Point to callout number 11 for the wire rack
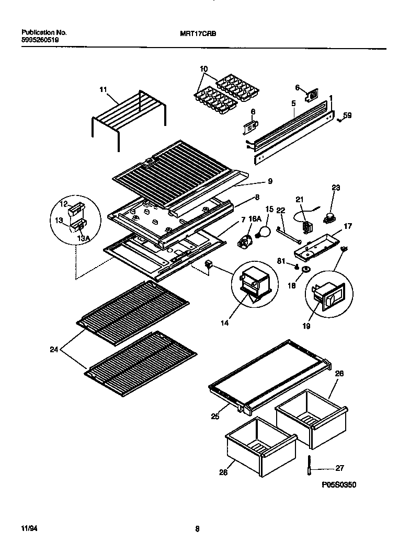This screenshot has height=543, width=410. pos(103,90)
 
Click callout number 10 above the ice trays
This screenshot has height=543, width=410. pos(203,69)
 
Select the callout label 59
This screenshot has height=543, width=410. pos(348,116)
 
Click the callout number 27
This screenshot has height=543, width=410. pos(339,468)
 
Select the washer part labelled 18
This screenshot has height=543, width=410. pos(305,271)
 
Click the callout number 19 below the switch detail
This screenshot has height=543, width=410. pos(306,327)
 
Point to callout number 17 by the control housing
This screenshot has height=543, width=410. pos(348,226)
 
